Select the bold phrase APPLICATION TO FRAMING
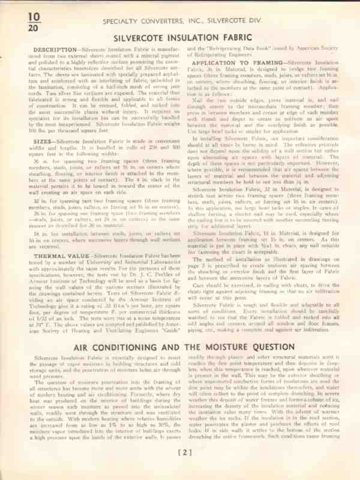point(237,62)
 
